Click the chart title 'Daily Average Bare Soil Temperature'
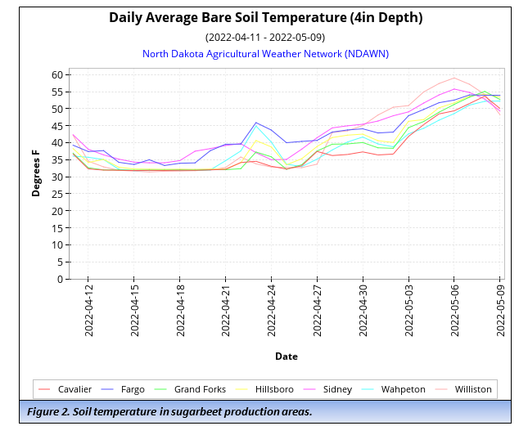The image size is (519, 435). (265, 17)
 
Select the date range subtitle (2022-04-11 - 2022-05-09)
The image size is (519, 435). (265, 37)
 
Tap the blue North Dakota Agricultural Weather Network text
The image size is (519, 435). (265, 54)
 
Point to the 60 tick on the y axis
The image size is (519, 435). (57, 74)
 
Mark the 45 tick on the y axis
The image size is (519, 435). (57, 126)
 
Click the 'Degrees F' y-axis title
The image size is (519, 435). (36, 173)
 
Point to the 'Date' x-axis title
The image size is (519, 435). (286, 357)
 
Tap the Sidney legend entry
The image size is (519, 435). (335, 389)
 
